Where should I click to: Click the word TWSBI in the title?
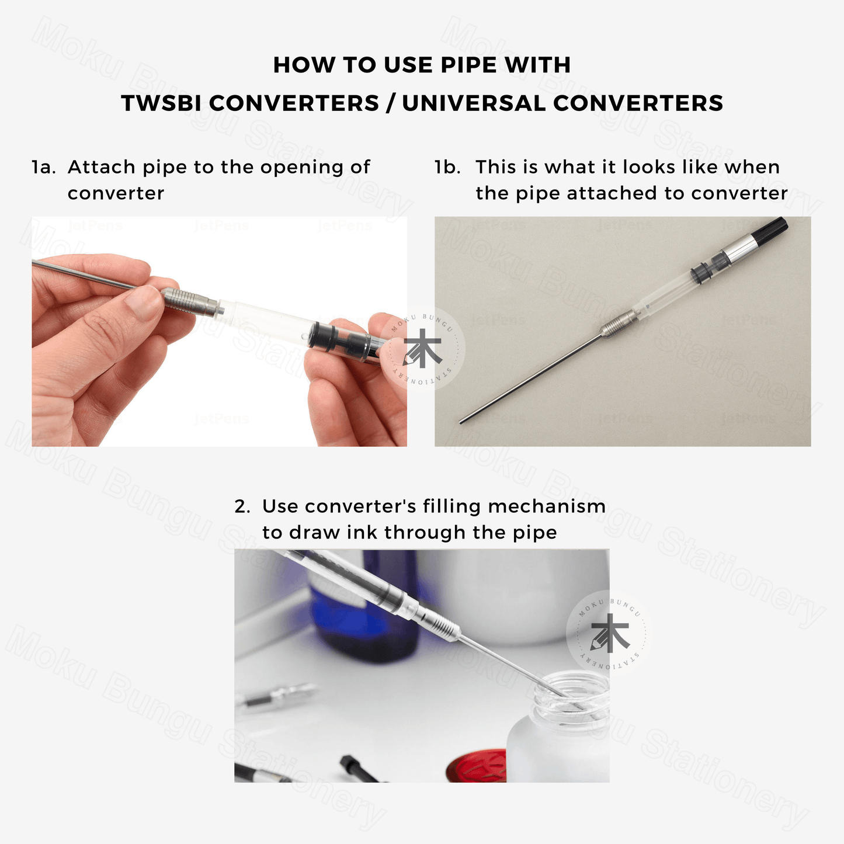tap(161, 103)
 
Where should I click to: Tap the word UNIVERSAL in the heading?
tap(474, 103)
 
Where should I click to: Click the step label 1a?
tap(44, 167)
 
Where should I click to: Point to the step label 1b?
tap(447, 167)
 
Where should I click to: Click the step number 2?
tap(242, 506)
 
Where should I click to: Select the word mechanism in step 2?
tap(547, 506)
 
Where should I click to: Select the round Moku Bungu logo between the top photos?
tap(422, 348)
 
